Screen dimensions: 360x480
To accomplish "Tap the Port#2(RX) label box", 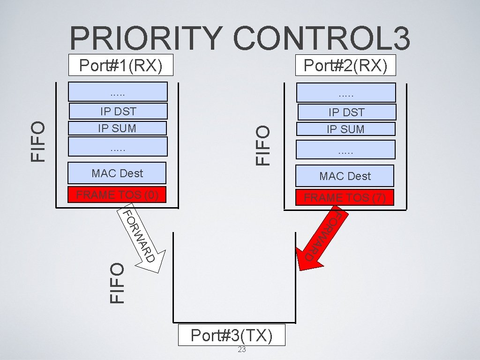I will point(345,66).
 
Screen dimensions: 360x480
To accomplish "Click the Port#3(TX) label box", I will point(232,335).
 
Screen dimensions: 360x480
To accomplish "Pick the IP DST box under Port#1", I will point(118,111).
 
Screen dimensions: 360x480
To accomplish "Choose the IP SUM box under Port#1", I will point(117,128).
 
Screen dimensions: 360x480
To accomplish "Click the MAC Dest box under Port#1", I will point(117,173).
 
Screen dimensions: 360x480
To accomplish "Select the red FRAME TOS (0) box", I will point(117,195).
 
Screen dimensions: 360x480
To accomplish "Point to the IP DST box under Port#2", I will point(346,112).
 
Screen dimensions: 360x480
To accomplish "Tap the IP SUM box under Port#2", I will point(345,129).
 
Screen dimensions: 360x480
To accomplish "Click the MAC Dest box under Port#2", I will point(345,176).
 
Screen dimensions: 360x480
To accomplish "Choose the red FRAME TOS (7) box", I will point(345,197).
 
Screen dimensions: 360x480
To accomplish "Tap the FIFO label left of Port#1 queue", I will point(38,141).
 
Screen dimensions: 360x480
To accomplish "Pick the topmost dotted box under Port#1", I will point(118,92).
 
